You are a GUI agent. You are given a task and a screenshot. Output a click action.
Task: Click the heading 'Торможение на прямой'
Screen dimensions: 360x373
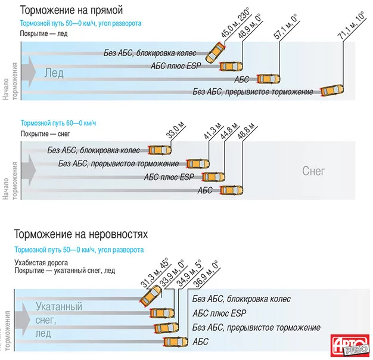click(x=72, y=10)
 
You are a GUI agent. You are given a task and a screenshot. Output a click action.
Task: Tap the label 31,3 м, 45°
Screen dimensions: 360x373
click(x=154, y=272)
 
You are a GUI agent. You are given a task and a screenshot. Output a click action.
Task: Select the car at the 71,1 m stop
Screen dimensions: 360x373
click(x=331, y=91)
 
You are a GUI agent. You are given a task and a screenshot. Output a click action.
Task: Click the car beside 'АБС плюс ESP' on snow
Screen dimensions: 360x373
click(x=213, y=177)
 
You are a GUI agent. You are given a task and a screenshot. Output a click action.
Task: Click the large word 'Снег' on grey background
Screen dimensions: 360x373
click(x=314, y=171)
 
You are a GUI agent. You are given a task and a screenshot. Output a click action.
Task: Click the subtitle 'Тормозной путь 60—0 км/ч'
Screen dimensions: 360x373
click(x=58, y=122)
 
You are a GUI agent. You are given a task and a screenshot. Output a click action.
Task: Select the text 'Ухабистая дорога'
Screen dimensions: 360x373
click(x=42, y=262)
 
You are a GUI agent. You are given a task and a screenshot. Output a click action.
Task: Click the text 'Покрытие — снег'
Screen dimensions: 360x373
click(x=45, y=133)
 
